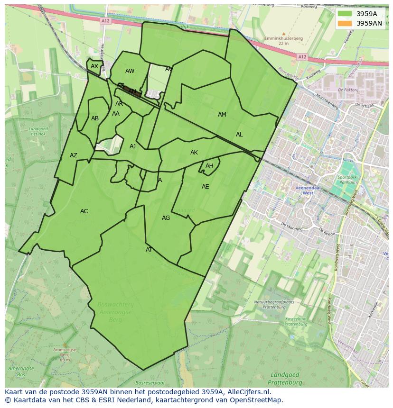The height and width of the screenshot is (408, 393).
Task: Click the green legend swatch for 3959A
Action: pos(345,14)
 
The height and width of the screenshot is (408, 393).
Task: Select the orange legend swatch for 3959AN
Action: pos(345,23)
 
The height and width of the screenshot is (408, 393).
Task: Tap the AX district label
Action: pos(94,66)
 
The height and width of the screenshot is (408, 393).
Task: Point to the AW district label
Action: pos(130,71)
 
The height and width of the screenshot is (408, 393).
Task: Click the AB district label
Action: pos(95,118)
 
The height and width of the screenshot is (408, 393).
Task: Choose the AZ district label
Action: pos(74,155)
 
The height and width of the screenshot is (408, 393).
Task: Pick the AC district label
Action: pos(84,211)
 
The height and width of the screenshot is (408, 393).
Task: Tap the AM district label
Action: pos(222,115)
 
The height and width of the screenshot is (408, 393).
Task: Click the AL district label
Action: pos(239,135)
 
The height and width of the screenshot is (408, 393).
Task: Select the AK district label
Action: pos(194,153)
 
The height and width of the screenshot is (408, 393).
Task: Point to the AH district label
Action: pos(209,166)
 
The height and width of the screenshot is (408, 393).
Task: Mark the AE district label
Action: pos(205,187)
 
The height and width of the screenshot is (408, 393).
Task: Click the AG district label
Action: pos(166,218)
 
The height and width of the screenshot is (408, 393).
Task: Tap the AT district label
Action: pos(149,250)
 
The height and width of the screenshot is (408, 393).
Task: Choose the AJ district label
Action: pos(132,146)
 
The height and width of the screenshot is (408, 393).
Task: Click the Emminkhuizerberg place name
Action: pos(283,38)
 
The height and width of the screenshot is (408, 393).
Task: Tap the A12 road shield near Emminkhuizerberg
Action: pos(302,57)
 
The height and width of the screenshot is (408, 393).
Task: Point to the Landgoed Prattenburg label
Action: pos(285,379)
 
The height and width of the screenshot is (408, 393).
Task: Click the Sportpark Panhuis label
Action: pos(348,179)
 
